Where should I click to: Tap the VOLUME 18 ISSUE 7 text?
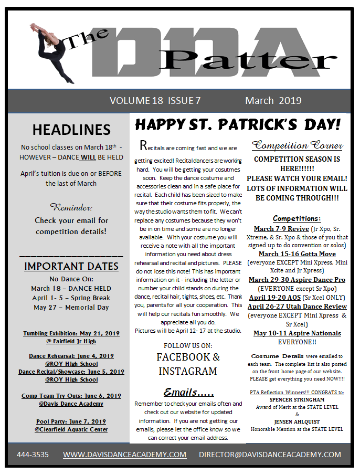pos(155,101)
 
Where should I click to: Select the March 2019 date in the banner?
pos(273,101)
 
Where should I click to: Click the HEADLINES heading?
pos(71,130)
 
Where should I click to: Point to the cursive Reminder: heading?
pos(71,206)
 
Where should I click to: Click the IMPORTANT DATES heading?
pos(71,266)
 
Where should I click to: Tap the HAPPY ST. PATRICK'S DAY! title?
pos(238,125)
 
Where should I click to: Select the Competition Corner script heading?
pos(298,145)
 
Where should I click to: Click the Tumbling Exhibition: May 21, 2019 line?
pos(71,333)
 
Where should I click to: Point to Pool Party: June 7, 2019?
pos(71,421)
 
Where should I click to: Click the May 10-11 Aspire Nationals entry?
pos(297,333)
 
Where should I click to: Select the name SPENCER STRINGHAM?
pos(297,399)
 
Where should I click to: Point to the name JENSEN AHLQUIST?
pos(297,421)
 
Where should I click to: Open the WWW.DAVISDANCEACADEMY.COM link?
pos(125,455)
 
